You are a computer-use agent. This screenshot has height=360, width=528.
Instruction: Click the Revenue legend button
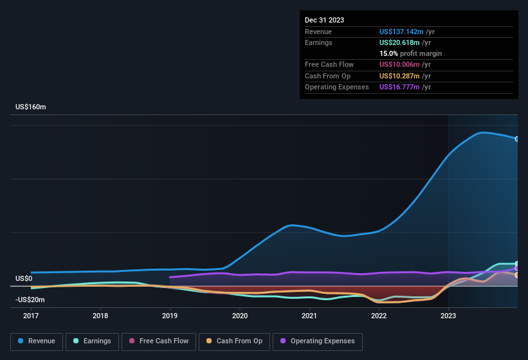[37, 341]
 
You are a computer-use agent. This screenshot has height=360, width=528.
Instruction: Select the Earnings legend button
[92, 341]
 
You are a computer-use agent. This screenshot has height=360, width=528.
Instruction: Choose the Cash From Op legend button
[235, 341]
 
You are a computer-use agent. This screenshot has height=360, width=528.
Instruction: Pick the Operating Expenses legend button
[318, 341]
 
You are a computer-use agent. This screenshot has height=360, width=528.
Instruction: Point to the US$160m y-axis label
[31, 107]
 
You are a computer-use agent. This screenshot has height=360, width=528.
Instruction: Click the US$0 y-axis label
[24, 278]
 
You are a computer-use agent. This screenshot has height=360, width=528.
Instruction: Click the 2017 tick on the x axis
[31, 316]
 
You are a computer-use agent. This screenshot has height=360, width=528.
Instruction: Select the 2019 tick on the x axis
[170, 316]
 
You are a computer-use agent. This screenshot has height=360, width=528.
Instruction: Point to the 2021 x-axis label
[309, 316]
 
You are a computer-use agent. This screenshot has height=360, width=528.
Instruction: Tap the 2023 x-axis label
[448, 316]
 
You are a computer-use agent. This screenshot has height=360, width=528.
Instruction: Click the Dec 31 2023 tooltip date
[324, 20]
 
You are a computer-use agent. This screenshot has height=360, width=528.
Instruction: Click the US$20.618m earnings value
[400, 42]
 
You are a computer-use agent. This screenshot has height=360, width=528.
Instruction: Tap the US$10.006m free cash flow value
[400, 65]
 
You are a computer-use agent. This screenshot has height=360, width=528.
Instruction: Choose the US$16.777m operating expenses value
[400, 87]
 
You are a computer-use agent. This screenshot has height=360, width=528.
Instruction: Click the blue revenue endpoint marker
[517, 139]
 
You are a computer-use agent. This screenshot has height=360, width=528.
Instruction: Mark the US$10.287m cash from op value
[400, 76]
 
